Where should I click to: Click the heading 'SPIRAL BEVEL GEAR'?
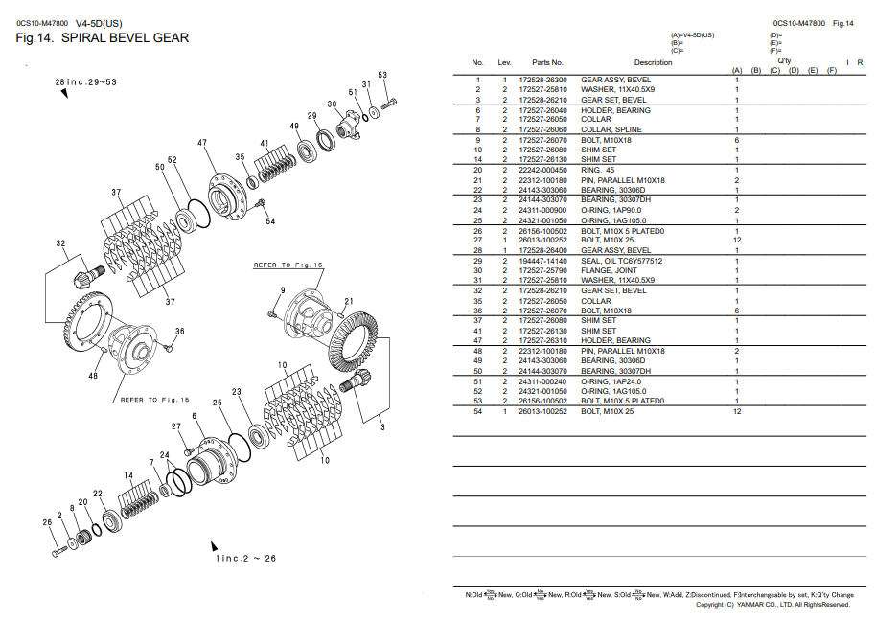coord(125,38)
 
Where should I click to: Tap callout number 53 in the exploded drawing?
coord(382,75)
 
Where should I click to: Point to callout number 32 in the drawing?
coord(60,243)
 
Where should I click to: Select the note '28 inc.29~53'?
coord(85,82)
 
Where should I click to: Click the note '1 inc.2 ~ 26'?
coord(245,558)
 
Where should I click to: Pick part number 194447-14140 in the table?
coord(542,261)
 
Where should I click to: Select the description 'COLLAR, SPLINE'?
coord(611,129)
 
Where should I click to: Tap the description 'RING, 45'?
coord(598,170)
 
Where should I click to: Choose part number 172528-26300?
coord(542,80)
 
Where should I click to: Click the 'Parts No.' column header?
coord(547,62)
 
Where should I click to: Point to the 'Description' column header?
coord(653,62)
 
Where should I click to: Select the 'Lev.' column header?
coord(504,62)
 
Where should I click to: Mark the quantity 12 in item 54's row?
coord(737,411)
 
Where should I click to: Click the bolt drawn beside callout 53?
coord(389,103)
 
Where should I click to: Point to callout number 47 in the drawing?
coord(202,143)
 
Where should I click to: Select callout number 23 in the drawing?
coord(237,391)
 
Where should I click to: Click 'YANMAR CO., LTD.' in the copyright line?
coord(765,605)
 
